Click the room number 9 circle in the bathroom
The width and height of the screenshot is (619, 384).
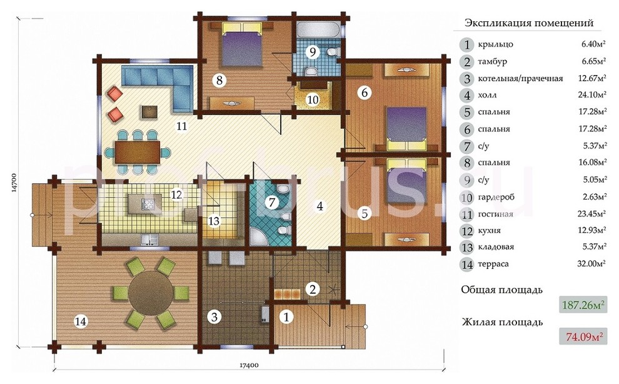click(312, 52)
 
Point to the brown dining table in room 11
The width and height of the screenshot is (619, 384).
click(138, 152)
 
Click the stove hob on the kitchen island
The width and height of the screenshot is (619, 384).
click(148, 205)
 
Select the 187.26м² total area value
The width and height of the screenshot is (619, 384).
click(583, 306)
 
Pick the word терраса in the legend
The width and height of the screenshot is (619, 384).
click(493, 263)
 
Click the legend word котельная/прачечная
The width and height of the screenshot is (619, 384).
click(520, 79)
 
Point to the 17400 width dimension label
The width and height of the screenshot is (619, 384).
click(249, 365)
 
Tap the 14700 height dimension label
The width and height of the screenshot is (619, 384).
click(14, 183)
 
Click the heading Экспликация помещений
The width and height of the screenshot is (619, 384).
click(528, 23)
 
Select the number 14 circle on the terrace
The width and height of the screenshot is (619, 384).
click(81, 322)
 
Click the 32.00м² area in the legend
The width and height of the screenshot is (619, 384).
click(591, 263)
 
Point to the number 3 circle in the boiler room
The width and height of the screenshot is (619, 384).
click(214, 317)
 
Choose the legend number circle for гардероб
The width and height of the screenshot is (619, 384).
click(467, 197)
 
